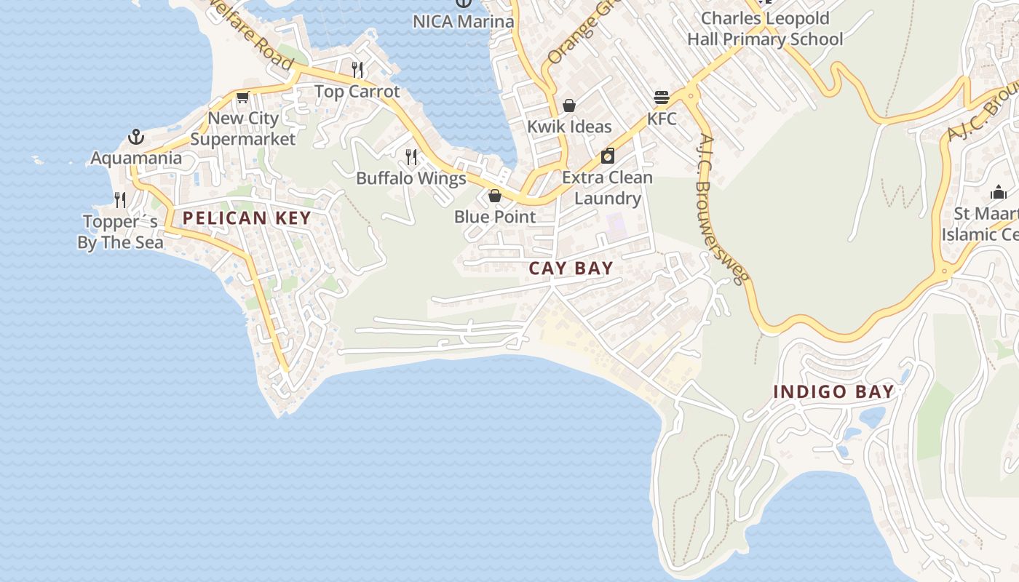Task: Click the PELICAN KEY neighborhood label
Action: click(247, 218)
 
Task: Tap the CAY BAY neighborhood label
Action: click(571, 268)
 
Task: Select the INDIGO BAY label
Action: click(833, 391)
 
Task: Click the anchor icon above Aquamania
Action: click(136, 137)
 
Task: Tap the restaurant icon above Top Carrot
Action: click(357, 70)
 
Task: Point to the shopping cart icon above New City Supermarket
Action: click(243, 97)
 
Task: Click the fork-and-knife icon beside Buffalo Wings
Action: click(411, 156)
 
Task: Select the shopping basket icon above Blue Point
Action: click(495, 196)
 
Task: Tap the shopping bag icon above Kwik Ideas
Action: click(569, 105)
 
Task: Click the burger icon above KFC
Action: click(662, 97)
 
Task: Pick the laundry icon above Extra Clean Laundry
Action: click(608, 156)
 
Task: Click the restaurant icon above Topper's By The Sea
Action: click(120, 199)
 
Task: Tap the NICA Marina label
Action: click(464, 21)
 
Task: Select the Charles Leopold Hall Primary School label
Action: click(765, 28)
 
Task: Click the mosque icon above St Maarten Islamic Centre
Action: click(998, 192)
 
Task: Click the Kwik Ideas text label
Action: click(569, 127)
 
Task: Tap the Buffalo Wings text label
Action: click(411, 178)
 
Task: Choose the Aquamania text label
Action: click(136, 158)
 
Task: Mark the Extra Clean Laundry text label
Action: click(608, 188)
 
